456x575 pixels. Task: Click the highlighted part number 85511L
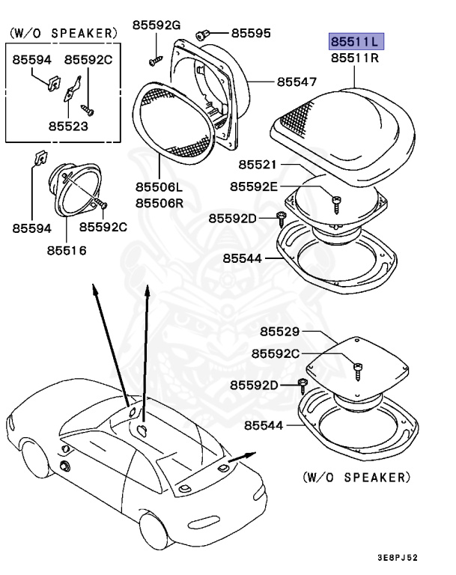[356, 40]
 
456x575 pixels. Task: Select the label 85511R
[356, 56]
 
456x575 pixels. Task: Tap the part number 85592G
[157, 25]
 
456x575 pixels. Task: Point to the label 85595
[251, 33]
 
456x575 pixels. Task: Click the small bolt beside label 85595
[203, 33]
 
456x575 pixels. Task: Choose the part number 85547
[297, 81]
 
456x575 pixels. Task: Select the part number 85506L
[160, 187]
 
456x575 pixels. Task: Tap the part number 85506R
[160, 202]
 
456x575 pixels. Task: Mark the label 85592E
[254, 186]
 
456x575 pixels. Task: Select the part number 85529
[280, 332]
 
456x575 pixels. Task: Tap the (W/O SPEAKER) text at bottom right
[356, 477]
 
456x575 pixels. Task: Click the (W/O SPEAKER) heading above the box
[63, 34]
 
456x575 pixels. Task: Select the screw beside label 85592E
[336, 201]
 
